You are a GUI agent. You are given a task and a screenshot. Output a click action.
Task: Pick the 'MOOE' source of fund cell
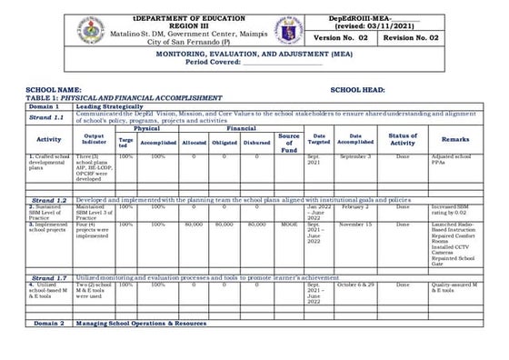[x=289, y=223]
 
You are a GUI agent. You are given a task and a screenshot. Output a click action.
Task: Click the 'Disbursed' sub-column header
[x=256, y=142]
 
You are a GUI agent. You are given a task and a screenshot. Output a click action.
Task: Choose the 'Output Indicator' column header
[x=94, y=139]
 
